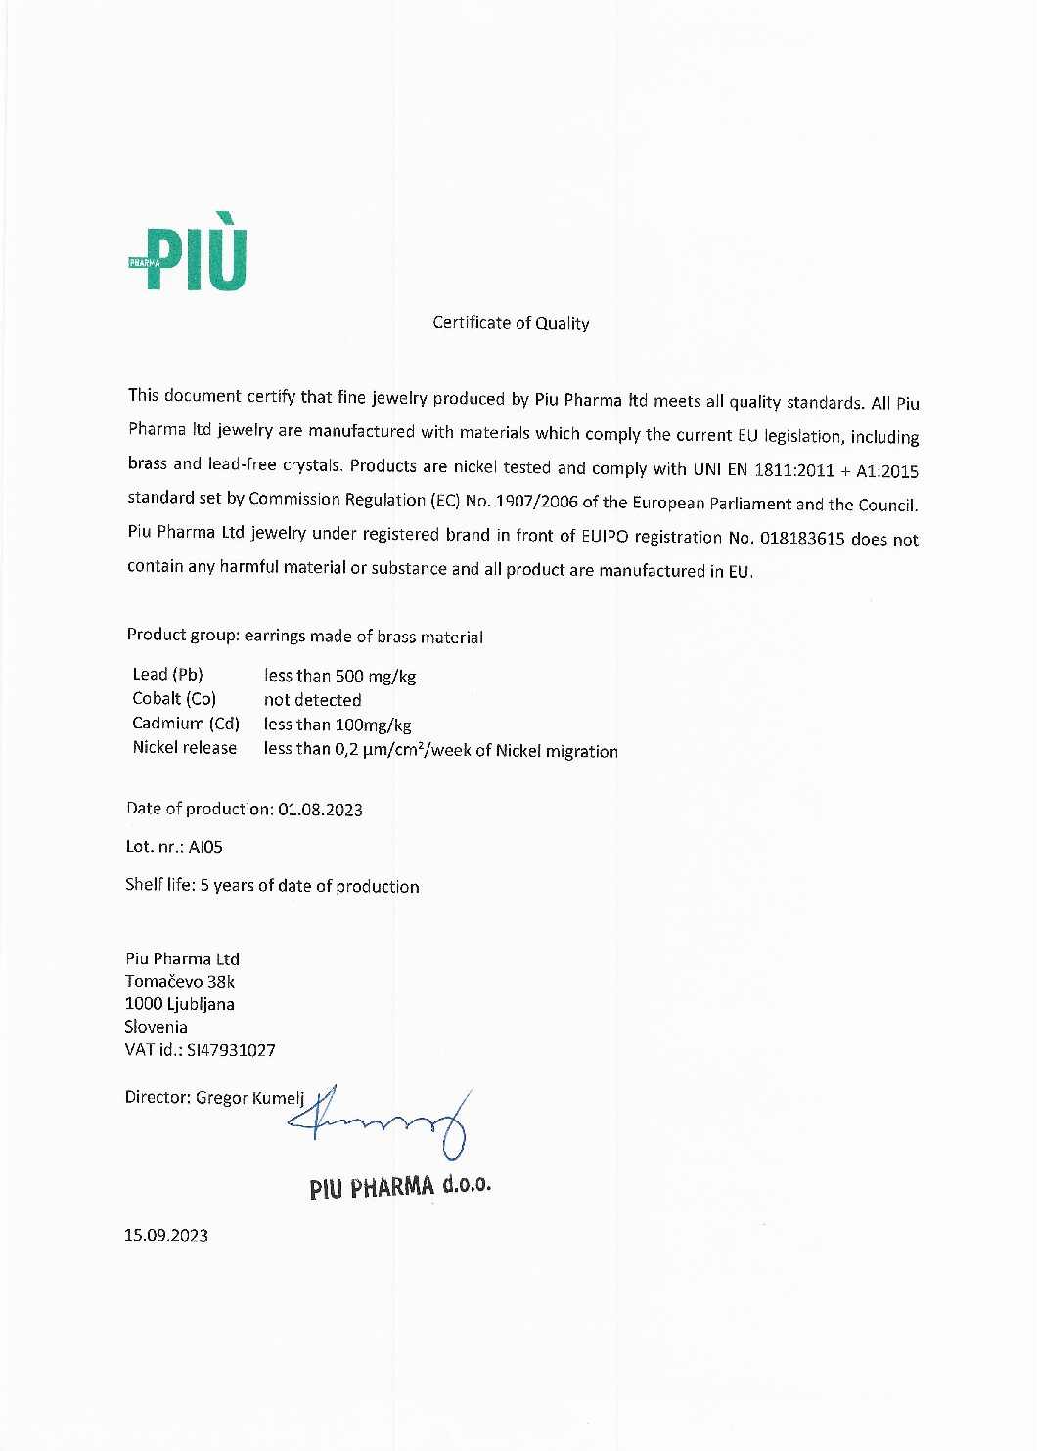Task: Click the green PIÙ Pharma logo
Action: (x=189, y=256)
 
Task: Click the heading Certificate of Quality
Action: (x=511, y=323)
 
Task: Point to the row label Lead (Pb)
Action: (x=167, y=675)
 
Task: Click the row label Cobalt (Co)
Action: (x=174, y=699)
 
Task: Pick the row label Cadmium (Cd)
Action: (x=186, y=724)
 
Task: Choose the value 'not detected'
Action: (x=312, y=700)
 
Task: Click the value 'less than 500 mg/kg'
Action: (x=339, y=676)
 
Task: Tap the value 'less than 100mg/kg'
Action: (x=338, y=725)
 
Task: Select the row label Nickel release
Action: (x=185, y=748)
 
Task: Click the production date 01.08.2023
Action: (x=320, y=810)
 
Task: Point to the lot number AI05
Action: (x=205, y=847)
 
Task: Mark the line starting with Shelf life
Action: (x=272, y=886)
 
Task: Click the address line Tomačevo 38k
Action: (x=180, y=982)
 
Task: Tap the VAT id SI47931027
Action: (x=231, y=1050)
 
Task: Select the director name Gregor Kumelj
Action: (x=250, y=1098)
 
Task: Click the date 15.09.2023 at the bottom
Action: (x=166, y=1236)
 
